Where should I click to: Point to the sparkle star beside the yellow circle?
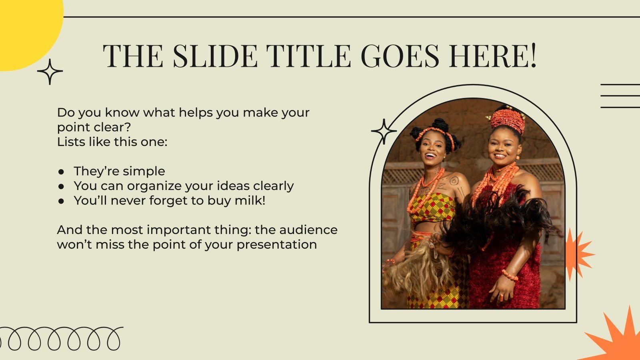(x=50, y=72)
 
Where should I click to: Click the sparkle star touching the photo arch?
(x=384, y=131)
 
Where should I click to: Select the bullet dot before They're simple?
(x=61, y=172)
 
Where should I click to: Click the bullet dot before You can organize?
(x=61, y=186)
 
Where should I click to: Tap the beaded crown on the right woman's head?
(x=507, y=119)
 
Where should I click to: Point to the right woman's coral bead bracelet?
(x=510, y=275)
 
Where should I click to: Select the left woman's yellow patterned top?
(x=433, y=208)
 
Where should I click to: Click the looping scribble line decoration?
(x=60, y=339)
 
